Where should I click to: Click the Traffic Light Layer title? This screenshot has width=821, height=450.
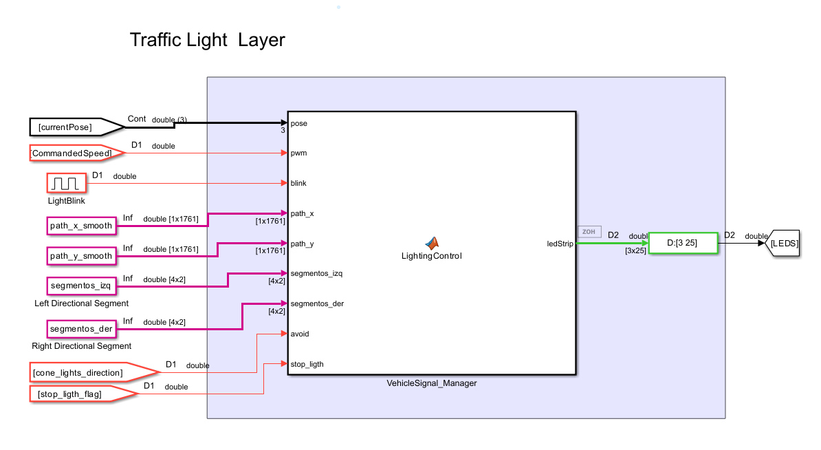tap(207, 40)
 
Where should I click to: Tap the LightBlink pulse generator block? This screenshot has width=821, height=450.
tap(67, 184)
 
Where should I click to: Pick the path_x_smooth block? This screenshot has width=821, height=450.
tap(80, 225)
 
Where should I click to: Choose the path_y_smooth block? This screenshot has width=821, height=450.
tap(80, 255)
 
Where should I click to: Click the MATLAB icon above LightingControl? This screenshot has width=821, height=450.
tap(431, 243)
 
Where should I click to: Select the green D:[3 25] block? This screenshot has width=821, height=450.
tap(683, 243)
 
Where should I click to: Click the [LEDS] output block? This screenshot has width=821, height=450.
tap(782, 244)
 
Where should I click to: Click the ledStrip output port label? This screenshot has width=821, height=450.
tap(560, 244)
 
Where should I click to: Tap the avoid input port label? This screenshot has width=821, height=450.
tap(300, 334)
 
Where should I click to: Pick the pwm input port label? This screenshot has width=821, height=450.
tap(299, 153)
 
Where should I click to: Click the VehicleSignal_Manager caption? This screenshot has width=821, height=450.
tap(431, 383)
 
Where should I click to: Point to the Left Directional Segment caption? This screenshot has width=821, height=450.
tap(81, 303)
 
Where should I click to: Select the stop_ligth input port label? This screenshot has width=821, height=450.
tap(307, 364)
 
